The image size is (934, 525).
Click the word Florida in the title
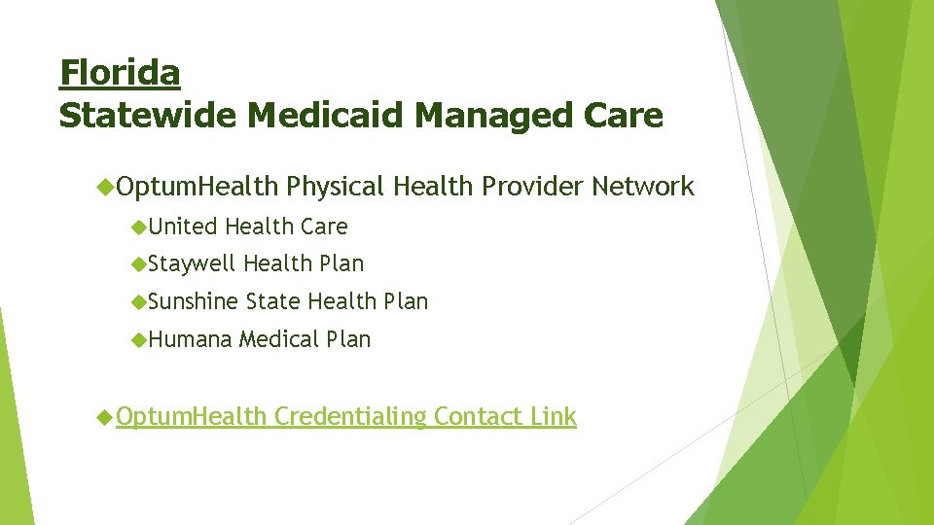point(120,73)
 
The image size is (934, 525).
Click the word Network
point(643,187)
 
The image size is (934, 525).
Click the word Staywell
point(193,263)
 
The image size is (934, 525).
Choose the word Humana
point(191,339)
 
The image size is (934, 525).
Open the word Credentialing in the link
point(350,417)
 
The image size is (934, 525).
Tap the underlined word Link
point(554,417)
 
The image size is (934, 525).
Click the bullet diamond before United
point(140,227)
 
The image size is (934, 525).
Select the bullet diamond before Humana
point(140,339)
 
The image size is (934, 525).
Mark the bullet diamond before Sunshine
point(140,301)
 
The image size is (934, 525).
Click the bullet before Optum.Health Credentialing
point(106,417)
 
